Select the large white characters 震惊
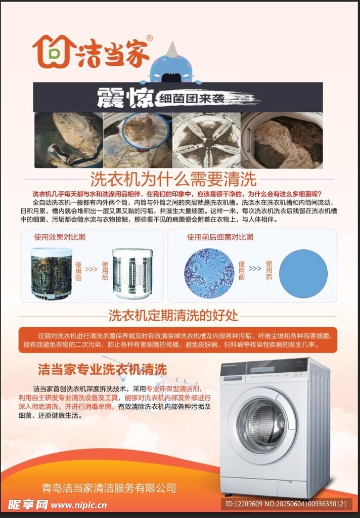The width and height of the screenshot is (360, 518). (126, 98)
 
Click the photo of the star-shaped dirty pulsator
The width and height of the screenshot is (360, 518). (206, 140)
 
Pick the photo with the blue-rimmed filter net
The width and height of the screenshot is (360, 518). (138, 140)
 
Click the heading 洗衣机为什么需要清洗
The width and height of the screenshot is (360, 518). (174, 180)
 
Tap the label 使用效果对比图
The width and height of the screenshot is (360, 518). (60, 237)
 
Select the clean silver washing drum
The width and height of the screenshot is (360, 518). (132, 273)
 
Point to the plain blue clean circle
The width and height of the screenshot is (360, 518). (303, 274)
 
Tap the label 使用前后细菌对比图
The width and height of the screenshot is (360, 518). (220, 237)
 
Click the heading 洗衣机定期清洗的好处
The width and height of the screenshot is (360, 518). (173, 316)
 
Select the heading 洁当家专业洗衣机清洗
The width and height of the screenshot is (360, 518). (102, 369)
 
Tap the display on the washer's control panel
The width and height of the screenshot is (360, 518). (262, 369)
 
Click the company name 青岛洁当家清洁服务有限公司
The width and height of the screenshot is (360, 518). (109, 488)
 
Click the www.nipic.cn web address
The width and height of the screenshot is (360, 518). (79, 505)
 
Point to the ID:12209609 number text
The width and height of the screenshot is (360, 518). (244, 504)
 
